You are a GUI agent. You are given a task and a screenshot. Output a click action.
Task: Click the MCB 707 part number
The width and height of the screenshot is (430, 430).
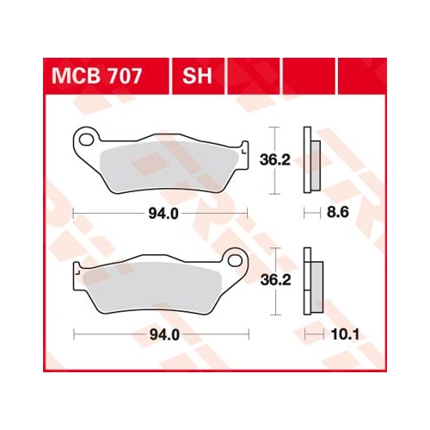tap(96, 76)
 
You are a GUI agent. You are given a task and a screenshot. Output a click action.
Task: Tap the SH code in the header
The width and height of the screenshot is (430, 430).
tap(197, 76)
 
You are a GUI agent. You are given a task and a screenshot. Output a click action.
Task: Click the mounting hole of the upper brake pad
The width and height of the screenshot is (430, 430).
tap(86, 140)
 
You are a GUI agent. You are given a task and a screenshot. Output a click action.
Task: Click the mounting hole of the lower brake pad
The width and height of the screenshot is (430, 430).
tap(236, 260)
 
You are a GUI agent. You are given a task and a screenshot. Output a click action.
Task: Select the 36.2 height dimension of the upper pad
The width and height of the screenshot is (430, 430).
tap(275, 160)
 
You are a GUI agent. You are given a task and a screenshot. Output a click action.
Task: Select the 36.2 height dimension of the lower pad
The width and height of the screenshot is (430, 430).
tap(275, 280)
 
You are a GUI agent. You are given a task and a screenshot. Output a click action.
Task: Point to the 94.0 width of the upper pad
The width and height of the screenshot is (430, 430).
tap(163, 214)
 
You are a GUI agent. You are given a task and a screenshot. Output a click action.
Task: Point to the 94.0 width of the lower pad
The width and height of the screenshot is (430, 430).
tap(164, 335)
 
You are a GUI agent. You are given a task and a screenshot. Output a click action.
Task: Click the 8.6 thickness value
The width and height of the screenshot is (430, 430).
tap(338, 213)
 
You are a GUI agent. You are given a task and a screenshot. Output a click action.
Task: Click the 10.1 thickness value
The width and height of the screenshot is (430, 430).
tap(345, 334)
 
